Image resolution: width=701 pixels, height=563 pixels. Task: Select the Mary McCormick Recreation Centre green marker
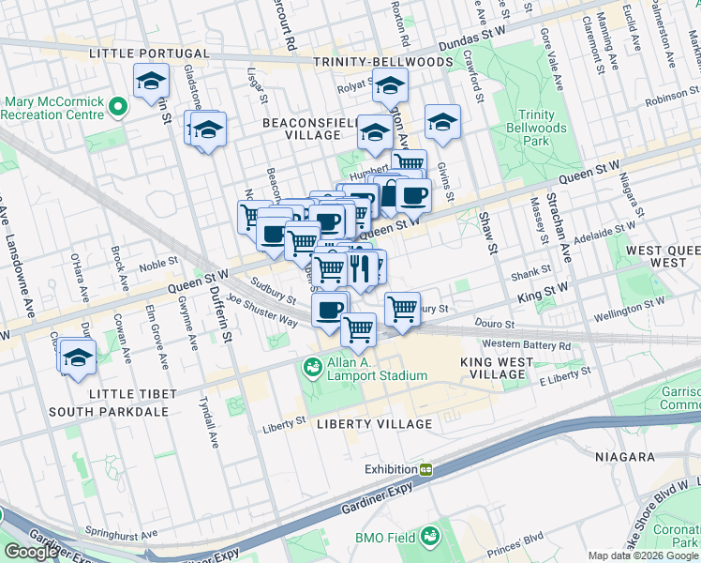[x=118, y=108]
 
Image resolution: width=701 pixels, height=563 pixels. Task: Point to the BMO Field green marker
[x=430, y=537]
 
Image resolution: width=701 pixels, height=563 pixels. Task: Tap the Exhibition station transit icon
[x=425, y=469]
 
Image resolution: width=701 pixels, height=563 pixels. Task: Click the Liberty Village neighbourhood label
[x=373, y=424]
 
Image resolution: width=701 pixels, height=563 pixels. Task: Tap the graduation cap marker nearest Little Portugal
[x=151, y=83]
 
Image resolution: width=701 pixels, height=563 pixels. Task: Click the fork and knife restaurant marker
[x=360, y=266]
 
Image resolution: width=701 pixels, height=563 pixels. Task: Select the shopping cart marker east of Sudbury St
[x=402, y=307]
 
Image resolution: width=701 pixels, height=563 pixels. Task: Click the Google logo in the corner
[x=31, y=552]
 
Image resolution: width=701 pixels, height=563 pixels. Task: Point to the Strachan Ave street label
[x=564, y=230]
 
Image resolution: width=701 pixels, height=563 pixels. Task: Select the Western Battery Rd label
[x=528, y=345]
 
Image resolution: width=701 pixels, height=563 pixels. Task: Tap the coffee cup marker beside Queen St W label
[x=412, y=196]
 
